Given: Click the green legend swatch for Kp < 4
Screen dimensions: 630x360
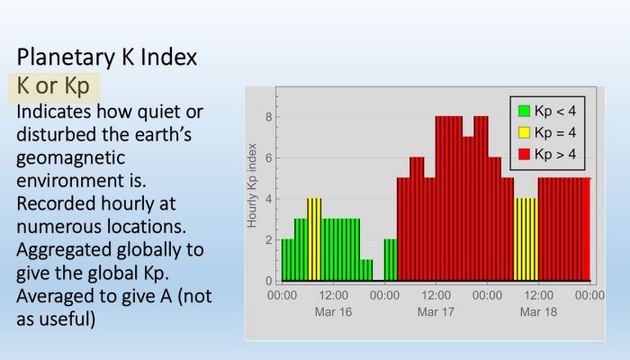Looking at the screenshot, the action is pos(524,111).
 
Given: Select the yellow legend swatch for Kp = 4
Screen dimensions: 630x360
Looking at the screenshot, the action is pos(524,132).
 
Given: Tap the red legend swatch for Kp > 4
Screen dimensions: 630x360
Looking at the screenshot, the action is pos(524,154).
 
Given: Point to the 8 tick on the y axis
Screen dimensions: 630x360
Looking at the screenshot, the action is pos(269,117).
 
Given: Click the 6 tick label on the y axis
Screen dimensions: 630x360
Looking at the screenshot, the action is pos(269,157).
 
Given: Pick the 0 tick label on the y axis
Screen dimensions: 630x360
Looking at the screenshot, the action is pos(269,281).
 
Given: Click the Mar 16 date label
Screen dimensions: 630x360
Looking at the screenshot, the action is pos(333,311).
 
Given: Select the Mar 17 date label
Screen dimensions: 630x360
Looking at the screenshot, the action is pos(436,311).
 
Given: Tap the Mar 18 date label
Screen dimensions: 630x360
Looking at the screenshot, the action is pos(538,311).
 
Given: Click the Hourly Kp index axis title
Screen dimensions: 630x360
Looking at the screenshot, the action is pos(252,185).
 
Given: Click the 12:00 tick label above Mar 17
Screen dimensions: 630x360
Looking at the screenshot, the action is pos(436,295).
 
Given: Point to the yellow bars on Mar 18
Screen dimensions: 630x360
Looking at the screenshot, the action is pos(526,239).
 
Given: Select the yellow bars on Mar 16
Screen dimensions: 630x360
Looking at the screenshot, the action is pos(314,239).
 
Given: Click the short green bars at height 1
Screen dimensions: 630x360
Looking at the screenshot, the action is pos(366,270).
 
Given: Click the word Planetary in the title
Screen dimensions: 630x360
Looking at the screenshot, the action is pos(66,58).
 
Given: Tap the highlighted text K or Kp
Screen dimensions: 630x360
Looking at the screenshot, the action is pos(53,86).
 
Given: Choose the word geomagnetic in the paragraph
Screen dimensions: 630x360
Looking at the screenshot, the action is pos(71,157).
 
